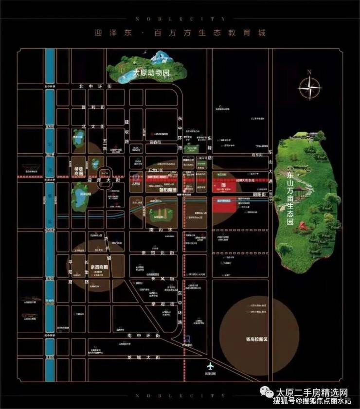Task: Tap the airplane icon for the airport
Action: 210,366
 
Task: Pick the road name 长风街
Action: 159,279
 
